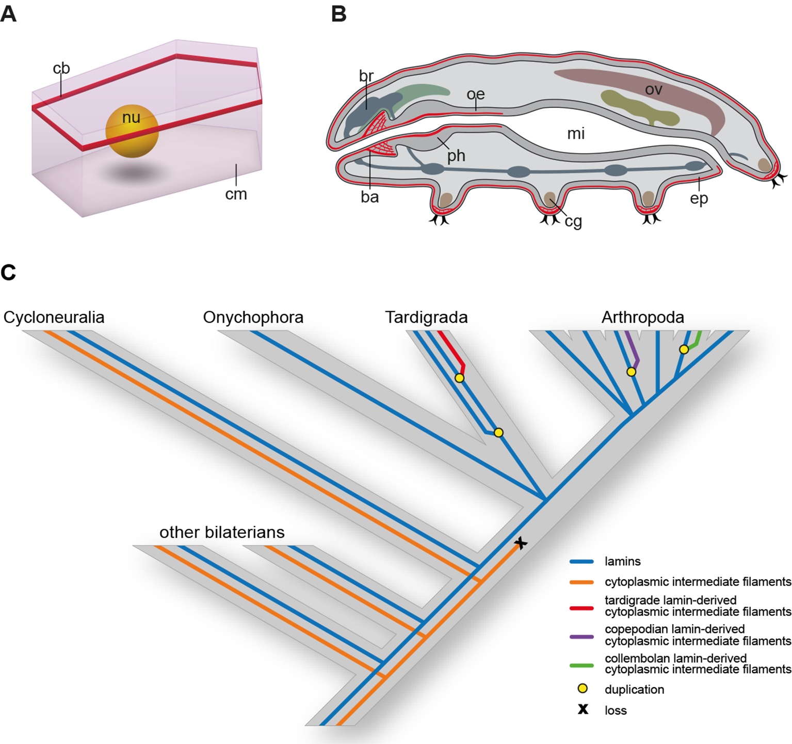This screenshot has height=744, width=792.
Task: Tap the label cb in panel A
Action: [61, 69]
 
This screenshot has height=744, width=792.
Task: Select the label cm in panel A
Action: [236, 195]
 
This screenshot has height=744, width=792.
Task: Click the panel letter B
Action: [338, 14]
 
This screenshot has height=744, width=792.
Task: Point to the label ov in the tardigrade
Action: [653, 90]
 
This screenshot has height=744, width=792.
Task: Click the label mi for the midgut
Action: [576, 134]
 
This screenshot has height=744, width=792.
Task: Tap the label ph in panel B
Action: [456, 156]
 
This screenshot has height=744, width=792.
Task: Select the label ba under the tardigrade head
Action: [369, 197]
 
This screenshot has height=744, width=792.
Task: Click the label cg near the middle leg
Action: [573, 221]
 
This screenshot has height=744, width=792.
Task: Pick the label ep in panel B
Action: [699, 199]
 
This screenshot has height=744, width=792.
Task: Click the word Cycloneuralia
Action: [54, 317]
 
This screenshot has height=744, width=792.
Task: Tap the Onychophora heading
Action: [253, 317]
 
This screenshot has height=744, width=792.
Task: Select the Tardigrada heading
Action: [426, 317]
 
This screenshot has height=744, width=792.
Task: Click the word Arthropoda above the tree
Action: [642, 317]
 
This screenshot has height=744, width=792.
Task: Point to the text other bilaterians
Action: [222, 532]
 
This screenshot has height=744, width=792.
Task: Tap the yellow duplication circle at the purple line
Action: [631, 372]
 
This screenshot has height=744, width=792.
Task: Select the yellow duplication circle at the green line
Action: [684, 350]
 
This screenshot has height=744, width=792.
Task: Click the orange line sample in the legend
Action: [582, 582]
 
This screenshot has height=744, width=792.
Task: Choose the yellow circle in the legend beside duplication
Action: [583, 689]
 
